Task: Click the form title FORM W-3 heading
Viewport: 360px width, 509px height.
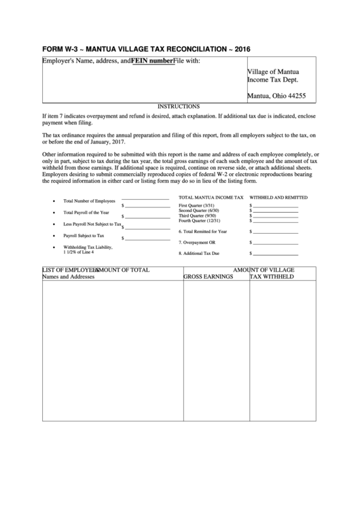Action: pos(139,50)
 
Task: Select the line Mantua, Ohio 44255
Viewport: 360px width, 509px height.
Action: pos(276,96)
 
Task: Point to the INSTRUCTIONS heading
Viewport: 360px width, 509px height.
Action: pos(179,107)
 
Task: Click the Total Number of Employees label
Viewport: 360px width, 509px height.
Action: pos(89,201)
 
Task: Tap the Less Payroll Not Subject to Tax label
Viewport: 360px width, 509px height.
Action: pos(92,224)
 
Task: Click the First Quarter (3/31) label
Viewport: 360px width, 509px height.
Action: pos(196,205)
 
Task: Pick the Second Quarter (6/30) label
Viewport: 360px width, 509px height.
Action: pos(198,211)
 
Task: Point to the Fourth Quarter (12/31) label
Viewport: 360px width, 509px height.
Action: pos(199,221)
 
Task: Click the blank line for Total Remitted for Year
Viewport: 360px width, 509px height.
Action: pos(275,231)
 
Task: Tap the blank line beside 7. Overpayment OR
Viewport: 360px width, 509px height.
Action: pos(275,242)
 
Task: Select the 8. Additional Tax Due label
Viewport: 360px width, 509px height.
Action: pos(199,253)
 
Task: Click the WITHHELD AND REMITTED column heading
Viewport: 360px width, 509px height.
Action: pos(278,196)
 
